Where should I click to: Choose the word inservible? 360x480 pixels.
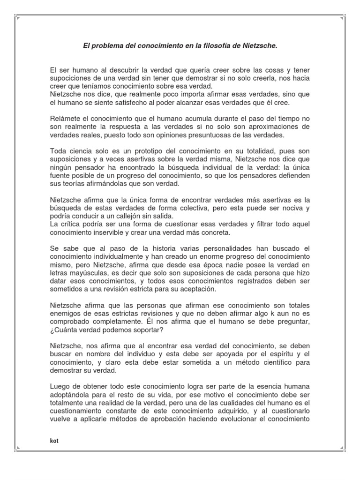pos(108,232)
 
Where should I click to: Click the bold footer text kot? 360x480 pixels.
pos(54,441)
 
